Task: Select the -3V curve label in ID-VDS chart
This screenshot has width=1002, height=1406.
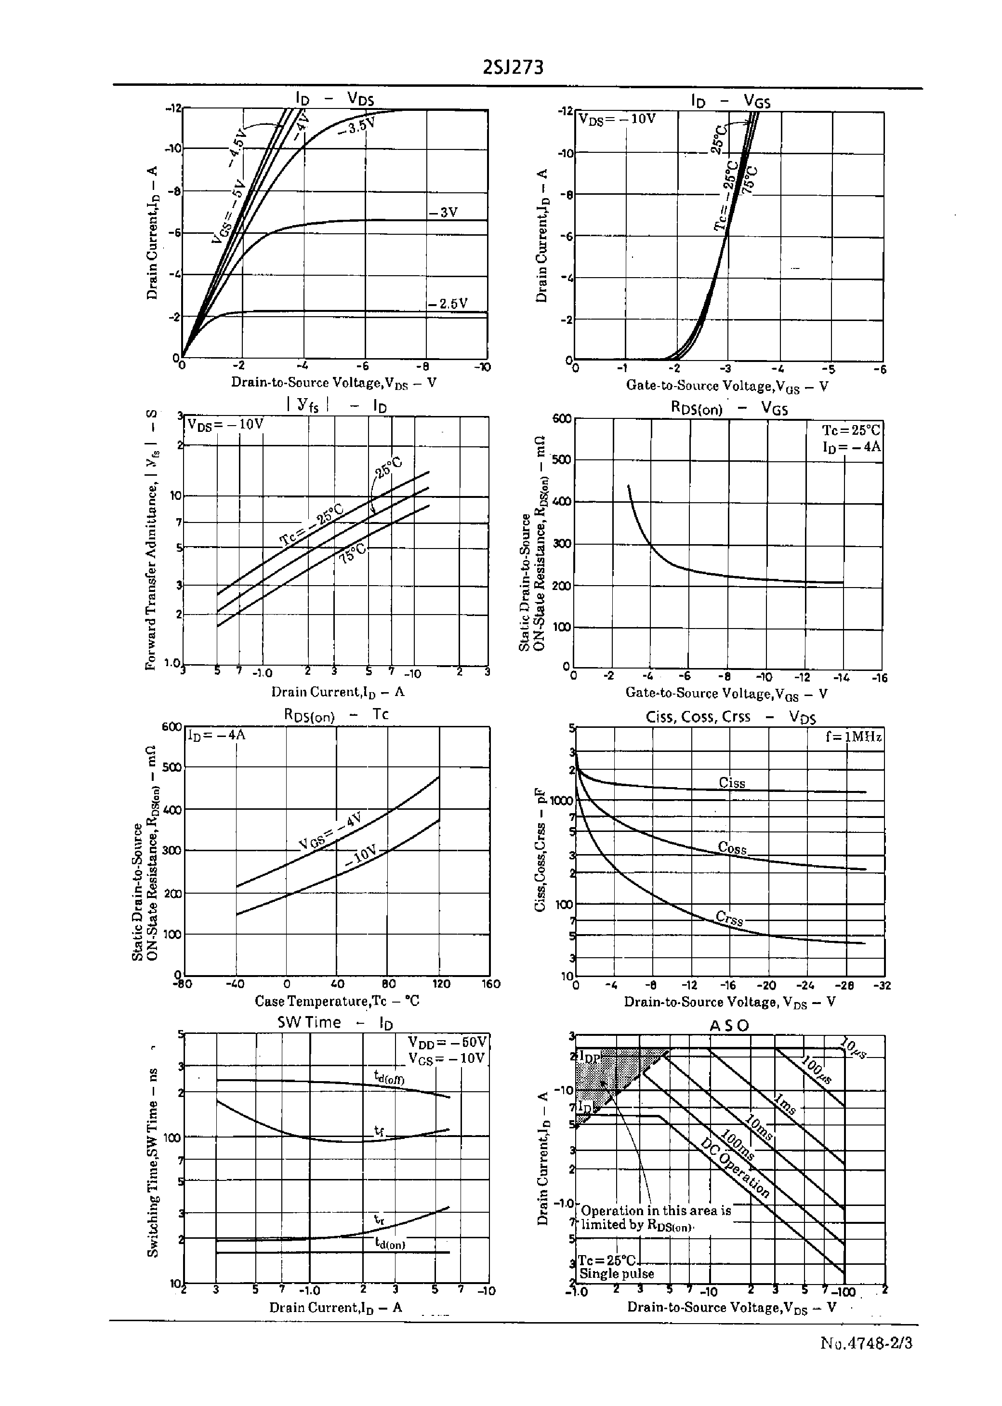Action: (444, 212)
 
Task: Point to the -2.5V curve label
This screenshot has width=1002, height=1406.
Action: (448, 304)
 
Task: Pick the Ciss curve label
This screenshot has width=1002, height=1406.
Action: (732, 783)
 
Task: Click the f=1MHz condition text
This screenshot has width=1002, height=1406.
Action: (853, 737)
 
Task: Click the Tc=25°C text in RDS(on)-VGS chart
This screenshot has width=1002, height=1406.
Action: (851, 430)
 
